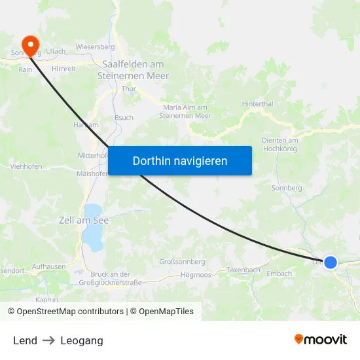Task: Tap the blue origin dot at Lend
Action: [331, 262]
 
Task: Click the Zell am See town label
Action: [84, 221]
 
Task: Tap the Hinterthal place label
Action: [257, 103]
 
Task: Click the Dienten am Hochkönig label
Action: [279, 145]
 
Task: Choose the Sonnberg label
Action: [286, 188]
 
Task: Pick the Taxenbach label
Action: [243, 270]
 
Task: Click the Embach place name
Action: [279, 274]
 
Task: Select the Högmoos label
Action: [196, 275]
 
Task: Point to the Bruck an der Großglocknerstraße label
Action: [110, 278]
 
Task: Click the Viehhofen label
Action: [26, 167]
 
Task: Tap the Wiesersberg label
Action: [95, 47]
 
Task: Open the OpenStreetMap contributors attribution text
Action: [70, 312]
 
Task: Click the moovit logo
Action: [321, 339]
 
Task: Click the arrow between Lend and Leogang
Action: [49, 340]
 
